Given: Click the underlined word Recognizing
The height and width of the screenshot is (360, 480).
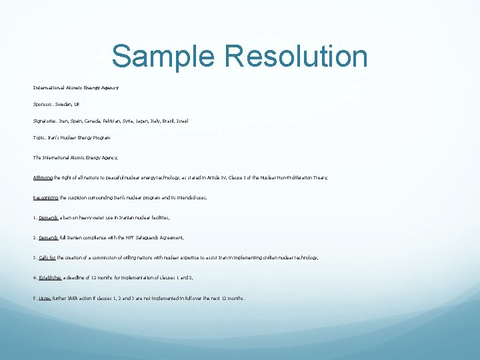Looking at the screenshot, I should [x=47, y=197].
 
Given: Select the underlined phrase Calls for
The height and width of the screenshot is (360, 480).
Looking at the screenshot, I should [x=47, y=257].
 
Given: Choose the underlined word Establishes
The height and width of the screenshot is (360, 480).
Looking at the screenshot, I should [x=50, y=277].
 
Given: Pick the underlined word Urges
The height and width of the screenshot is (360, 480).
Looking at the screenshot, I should [x=45, y=298].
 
